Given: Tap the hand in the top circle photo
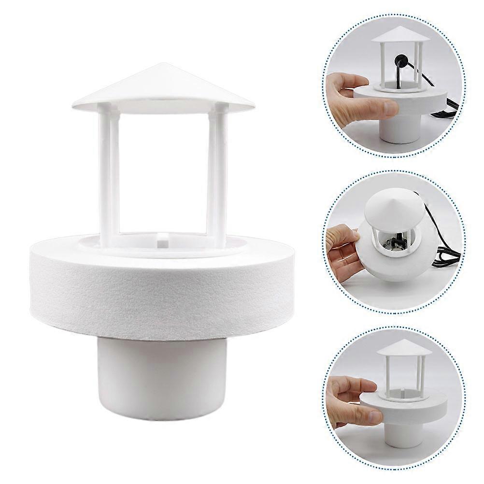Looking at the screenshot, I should pos(355,97).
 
